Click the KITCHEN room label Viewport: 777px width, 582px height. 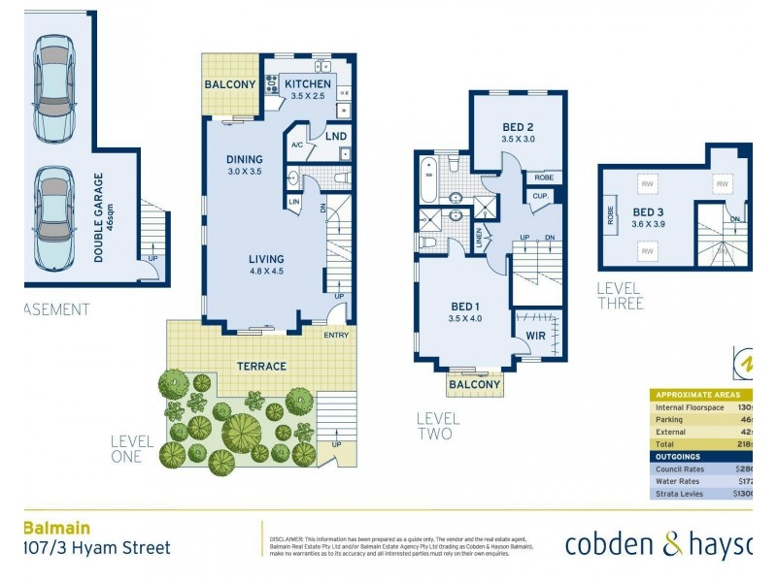coord(308,84)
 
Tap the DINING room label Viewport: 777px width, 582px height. coord(244,160)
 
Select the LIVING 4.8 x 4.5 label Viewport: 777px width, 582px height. coord(265,259)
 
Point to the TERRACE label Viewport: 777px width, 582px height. coord(262,366)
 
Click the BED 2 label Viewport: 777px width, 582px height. coord(518,127)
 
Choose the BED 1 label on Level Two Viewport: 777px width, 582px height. coord(465,307)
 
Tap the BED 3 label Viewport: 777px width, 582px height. coord(649,212)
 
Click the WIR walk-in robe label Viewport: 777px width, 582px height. coord(536,336)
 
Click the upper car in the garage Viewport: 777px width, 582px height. coord(52,88)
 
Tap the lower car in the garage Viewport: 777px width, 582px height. coord(52,219)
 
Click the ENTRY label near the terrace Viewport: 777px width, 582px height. coord(337,336)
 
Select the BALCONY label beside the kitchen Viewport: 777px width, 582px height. coord(230,84)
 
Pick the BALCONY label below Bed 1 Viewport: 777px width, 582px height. coord(475,385)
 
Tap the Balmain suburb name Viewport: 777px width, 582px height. coord(56,528)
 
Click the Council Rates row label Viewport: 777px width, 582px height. coord(685,469)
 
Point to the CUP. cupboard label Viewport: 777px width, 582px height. coord(539,195)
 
